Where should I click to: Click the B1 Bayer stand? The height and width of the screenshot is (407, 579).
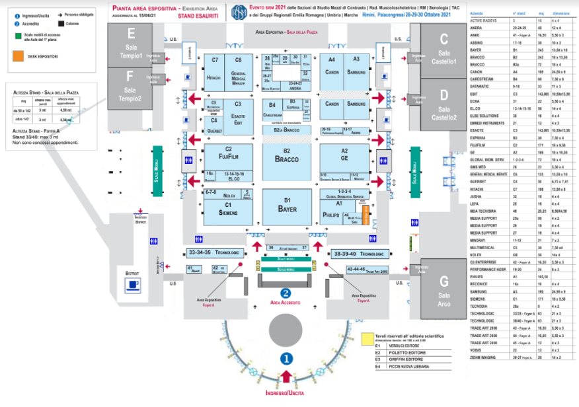tap(287, 207)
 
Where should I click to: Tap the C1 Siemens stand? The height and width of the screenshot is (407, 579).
tap(228, 210)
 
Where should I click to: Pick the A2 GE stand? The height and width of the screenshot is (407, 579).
tap(344, 156)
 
